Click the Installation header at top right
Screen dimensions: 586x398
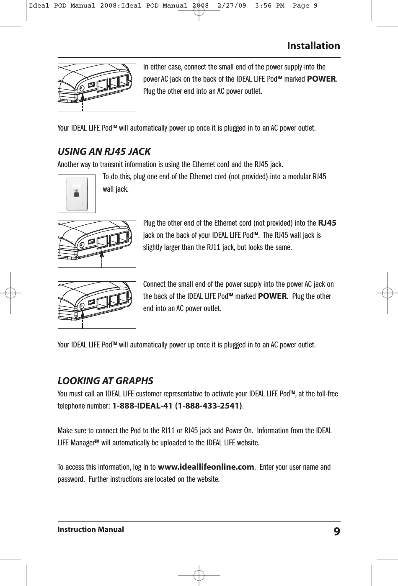(313, 46)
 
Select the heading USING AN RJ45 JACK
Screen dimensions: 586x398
(104, 152)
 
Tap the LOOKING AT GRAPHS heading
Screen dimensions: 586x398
(105, 381)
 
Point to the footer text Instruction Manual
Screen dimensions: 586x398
(90, 529)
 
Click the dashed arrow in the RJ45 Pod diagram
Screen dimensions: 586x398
(102, 257)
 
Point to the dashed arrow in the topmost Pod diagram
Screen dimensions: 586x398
(83, 102)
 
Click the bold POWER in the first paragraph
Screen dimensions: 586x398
(322, 79)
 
